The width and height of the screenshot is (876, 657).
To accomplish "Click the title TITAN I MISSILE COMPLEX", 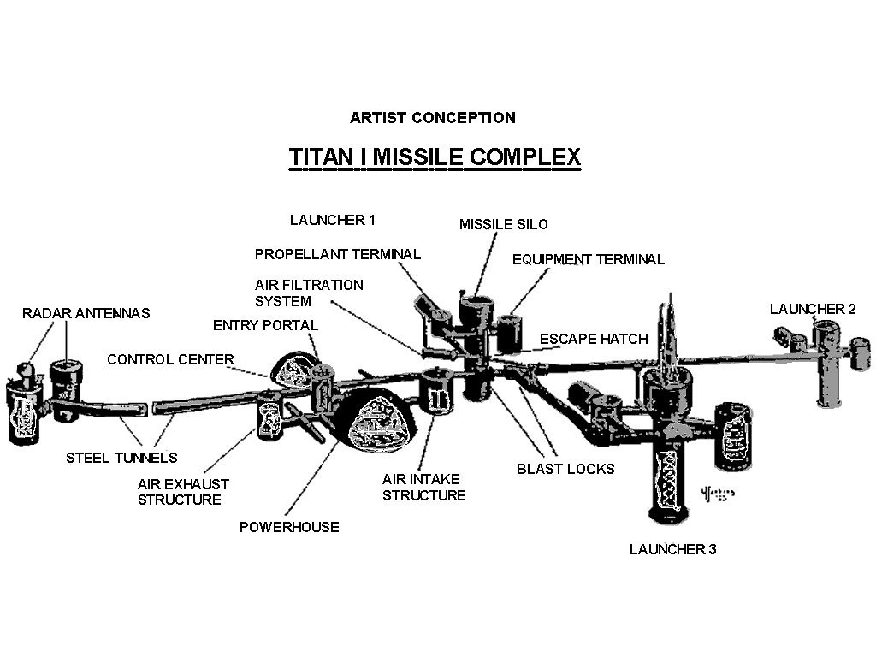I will (x=435, y=157).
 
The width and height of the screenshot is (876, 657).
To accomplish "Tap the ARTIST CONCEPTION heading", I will (x=432, y=118).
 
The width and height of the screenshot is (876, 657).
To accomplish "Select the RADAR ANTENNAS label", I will (x=86, y=313).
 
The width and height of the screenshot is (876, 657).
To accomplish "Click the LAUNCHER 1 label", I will (x=332, y=220).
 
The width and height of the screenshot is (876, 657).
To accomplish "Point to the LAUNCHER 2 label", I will (x=812, y=309).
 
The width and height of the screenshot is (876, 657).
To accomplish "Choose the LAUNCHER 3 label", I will (x=672, y=549).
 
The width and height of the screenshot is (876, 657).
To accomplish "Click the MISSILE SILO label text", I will (x=503, y=224).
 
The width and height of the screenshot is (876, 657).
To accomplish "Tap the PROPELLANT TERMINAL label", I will (x=338, y=254).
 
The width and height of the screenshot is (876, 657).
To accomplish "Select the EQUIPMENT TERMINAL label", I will (x=588, y=259).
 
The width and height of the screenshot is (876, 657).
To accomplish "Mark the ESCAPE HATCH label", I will (x=594, y=340).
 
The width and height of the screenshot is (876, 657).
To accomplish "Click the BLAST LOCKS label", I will (x=565, y=469).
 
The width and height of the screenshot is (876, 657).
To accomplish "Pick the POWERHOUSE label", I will (x=289, y=527).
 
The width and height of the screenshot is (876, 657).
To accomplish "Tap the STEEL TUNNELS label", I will (x=121, y=458).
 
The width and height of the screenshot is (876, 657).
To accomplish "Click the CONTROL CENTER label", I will (x=170, y=359).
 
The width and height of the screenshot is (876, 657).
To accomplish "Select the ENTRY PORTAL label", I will (x=265, y=325).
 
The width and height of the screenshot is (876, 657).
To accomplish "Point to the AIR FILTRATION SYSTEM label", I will (x=309, y=293).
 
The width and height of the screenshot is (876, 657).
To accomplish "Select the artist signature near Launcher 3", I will (x=717, y=494).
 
